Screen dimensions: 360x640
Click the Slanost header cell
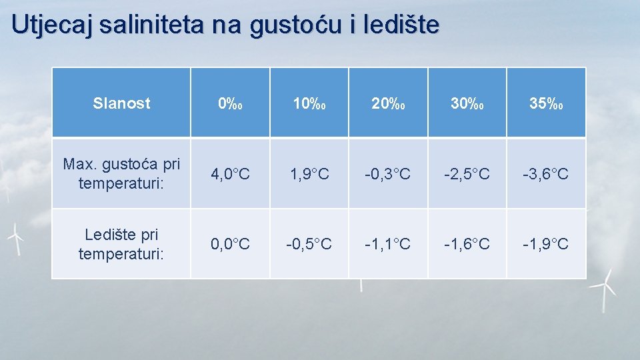pyautogui.click(x=121, y=103)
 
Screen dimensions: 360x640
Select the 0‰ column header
pyautogui.click(x=230, y=103)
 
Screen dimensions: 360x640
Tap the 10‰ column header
pyautogui.click(x=309, y=103)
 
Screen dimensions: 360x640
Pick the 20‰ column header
pyautogui.click(x=387, y=103)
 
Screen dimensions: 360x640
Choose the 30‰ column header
pyautogui.click(x=467, y=103)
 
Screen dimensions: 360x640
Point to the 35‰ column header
pyautogui.click(x=545, y=103)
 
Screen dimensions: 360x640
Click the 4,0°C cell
pyautogui.click(x=230, y=174)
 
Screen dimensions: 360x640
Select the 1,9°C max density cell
pyautogui.click(x=309, y=174)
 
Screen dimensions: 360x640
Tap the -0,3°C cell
pyautogui.click(x=387, y=174)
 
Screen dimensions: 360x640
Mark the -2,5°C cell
pyautogui.click(x=467, y=174)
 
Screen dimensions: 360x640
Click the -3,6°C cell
pyautogui.click(x=545, y=174)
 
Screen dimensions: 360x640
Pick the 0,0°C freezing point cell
pyautogui.click(x=230, y=244)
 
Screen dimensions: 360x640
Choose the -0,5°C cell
pyautogui.click(x=309, y=244)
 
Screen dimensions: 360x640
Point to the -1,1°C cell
pyautogui.click(x=387, y=244)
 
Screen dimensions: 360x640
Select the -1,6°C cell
pyautogui.click(x=467, y=244)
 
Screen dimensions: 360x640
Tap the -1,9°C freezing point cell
pyautogui.click(x=545, y=244)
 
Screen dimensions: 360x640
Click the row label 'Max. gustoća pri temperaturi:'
pyautogui.click(x=121, y=173)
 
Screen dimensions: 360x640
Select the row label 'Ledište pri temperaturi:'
pyautogui.click(x=121, y=244)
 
